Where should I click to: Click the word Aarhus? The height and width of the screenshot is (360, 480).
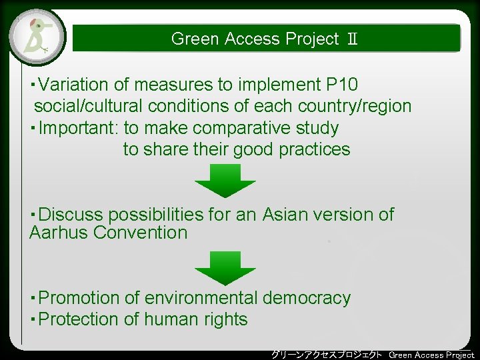coord(59,233)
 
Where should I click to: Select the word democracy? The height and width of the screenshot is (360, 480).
coord(307,298)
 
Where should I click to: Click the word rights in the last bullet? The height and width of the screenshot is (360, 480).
coord(226,319)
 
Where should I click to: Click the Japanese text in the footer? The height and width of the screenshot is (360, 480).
coord(327,354)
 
